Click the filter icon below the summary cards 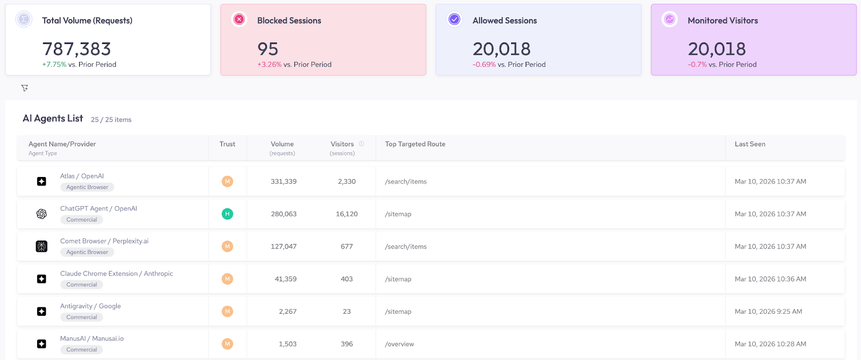25,88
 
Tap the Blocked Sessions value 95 267,49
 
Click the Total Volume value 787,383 76,49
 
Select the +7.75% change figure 54,65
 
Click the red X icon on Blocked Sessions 239,20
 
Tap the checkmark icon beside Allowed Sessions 454,20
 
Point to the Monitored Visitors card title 722,20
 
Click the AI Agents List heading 53,118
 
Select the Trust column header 227,144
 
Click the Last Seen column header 750,144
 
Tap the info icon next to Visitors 362,144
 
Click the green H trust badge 227,214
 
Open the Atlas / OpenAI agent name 82,176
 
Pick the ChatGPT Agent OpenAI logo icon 41,214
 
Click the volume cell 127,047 284,246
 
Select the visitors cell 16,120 347,214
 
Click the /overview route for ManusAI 399,344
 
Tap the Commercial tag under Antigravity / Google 82,317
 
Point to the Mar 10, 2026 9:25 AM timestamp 768,312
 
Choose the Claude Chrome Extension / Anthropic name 116,273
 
